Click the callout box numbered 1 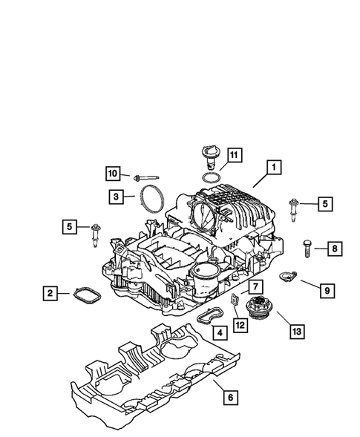point(275,168)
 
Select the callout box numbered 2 point(50,294)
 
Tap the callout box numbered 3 point(117,197)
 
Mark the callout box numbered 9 point(326,292)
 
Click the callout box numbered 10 point(112,174)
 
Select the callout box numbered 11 point(233,155)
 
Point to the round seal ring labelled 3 point(151,200)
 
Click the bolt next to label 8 point(305,249)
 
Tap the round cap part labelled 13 point(261,305)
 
